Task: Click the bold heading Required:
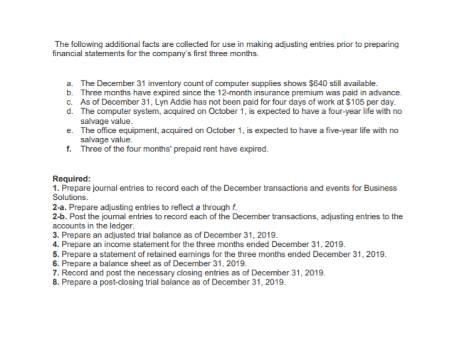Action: tap(72, 179)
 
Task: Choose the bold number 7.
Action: tap(56, 272)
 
